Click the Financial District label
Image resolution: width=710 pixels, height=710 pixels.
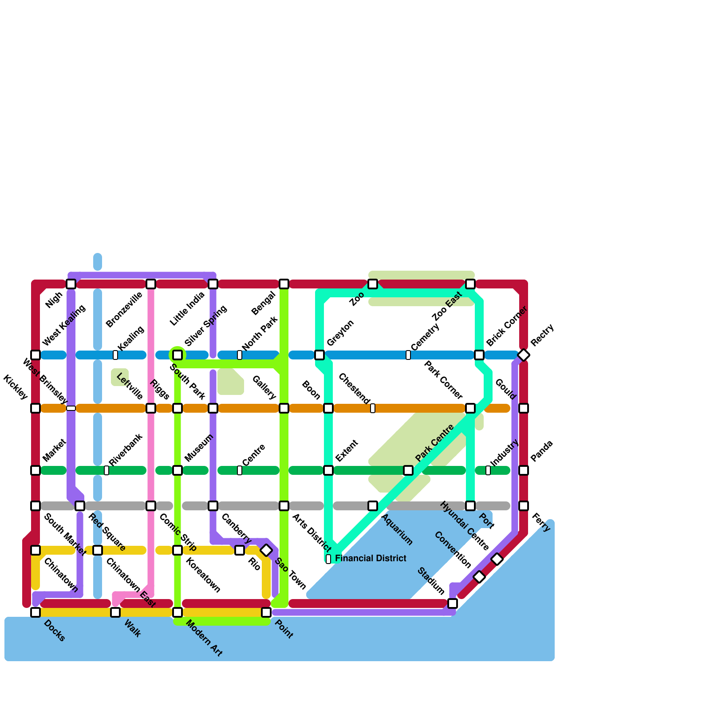371,558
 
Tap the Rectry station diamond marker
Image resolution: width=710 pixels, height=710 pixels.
524,355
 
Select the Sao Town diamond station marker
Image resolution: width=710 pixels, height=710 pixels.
266,550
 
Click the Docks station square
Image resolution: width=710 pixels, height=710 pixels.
35,612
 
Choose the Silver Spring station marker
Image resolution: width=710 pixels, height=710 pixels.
177,355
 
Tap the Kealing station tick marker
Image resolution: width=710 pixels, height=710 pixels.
115,355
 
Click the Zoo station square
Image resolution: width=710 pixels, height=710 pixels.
373,284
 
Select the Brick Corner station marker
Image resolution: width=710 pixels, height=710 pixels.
479,355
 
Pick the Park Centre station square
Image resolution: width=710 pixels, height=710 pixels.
408,470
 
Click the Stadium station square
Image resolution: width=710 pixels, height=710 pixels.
453,603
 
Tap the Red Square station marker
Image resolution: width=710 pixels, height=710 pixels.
80,506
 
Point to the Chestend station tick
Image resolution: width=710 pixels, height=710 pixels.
373,408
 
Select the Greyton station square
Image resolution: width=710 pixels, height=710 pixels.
319,355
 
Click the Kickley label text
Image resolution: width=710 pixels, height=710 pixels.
16,387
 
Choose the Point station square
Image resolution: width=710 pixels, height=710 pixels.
266,612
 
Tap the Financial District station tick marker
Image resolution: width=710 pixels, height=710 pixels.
328,559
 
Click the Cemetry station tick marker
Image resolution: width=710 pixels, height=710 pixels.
408,355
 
